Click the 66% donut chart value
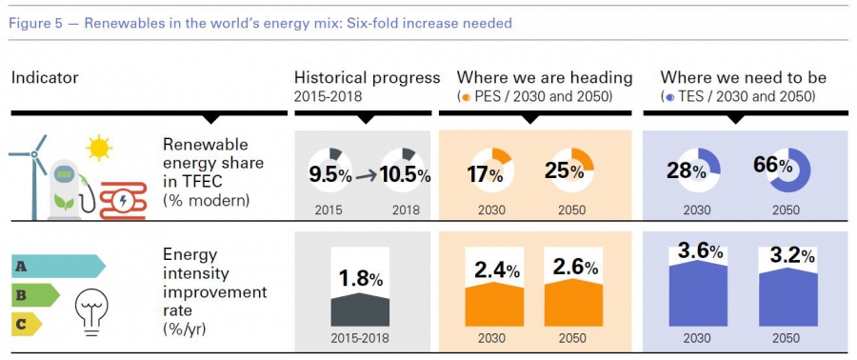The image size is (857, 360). point(773,166)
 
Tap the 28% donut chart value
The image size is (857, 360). point(686,170)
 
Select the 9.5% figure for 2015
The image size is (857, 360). point(329,175)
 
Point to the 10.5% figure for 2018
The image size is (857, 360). point(405,175)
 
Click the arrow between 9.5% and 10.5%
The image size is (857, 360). point(366,176)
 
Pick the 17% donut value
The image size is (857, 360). point(485,175)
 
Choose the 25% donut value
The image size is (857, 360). point(564,171)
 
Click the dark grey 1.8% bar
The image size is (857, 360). point(360,310)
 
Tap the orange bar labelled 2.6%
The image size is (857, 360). point(573,303)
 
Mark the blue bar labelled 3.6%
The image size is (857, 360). point(698,294)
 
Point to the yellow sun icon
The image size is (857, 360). point(99,148)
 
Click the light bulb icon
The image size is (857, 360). point(91,309)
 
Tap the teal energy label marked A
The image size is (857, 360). point(58,267)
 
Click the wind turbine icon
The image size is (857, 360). point(32,175)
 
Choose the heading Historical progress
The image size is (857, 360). point(367,77)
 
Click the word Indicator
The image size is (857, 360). point(45,77)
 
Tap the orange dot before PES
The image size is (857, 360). point(467,98)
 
